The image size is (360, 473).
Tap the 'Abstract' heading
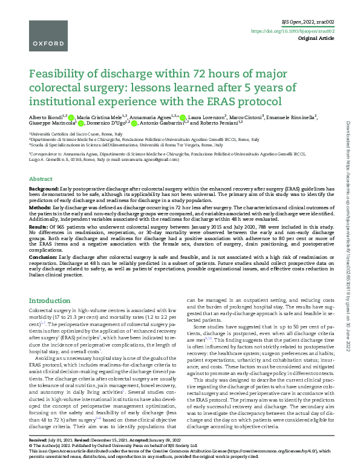click(x=41, y=180)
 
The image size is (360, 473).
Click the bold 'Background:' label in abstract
click(x=44, y=189)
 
